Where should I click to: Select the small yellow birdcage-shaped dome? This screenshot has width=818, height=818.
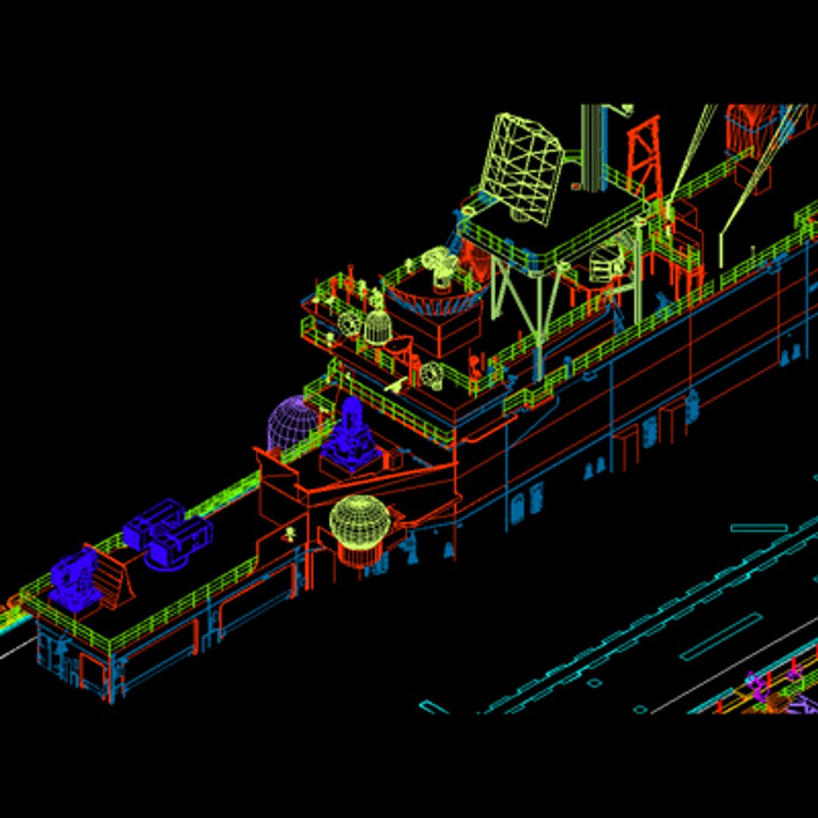(376, 327)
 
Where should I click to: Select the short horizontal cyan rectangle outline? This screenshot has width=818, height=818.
(758, 528)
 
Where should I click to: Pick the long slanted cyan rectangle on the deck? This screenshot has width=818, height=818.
(720, 637)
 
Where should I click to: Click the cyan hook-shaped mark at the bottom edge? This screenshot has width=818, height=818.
(433, 707)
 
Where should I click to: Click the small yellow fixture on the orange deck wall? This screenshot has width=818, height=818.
(289, 533)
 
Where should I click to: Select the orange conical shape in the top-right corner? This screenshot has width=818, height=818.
(750, 129)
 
